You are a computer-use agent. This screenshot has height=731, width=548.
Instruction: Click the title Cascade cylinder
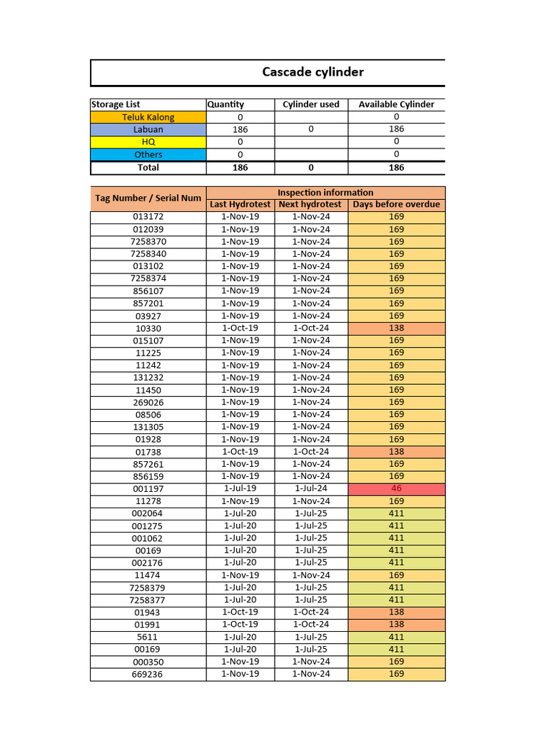(313, 72)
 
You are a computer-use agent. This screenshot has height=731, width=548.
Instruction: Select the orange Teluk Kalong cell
(148, 117)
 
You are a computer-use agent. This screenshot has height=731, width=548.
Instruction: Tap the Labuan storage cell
(148, 130)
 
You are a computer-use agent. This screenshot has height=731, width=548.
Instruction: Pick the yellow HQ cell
(148, 142)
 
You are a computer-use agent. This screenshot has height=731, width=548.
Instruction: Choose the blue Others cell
(148, 155)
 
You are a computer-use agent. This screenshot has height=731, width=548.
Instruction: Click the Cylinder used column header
(311, 104)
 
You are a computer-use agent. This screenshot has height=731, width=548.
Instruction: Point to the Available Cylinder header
(396, 104)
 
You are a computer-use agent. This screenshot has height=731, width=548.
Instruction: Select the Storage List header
(116, 104)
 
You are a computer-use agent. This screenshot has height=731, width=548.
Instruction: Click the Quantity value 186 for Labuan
(240, 130)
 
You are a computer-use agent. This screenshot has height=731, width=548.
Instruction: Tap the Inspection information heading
(325, 193)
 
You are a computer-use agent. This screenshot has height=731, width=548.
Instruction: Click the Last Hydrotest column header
(240, 205)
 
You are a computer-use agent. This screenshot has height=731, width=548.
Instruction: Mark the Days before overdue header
(397, 205)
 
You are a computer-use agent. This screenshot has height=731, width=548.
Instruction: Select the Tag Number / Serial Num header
(148, 198)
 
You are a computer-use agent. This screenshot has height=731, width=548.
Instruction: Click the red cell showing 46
(397, 489)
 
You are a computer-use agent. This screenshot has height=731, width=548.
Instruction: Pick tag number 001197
(148, 489)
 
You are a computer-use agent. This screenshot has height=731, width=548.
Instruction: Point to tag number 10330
(148, 328)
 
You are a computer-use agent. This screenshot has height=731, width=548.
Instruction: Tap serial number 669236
(148, 675)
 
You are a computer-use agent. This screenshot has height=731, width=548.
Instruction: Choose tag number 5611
(148, 637)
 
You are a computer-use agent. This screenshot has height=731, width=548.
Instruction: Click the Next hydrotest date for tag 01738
(311, 452)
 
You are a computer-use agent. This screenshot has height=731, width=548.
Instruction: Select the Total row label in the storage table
(148, 168)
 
